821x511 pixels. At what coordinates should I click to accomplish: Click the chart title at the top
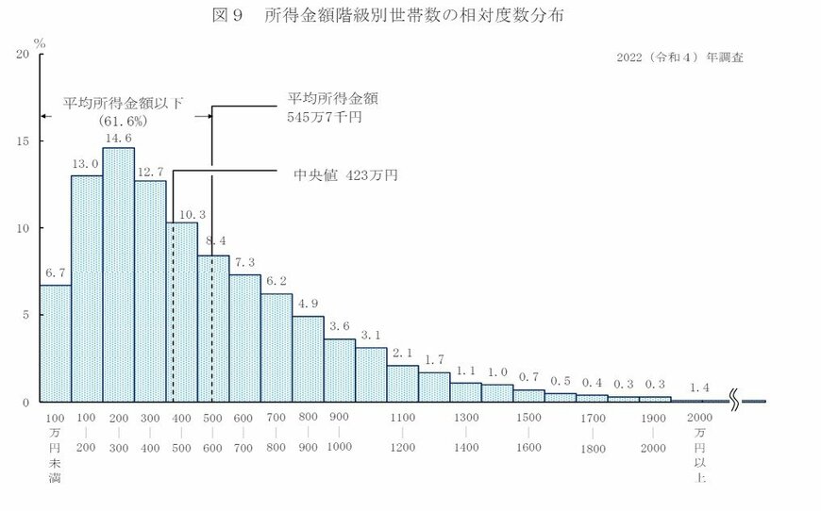pyautogui.click(x=410, y=17)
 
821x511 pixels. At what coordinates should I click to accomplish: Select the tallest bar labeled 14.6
pyautogui.click(x=118, y=273)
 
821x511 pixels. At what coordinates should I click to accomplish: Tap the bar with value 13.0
pyautogui.click(x=87, y=288)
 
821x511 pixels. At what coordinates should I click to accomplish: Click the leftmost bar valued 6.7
pyautogui.click(x=55, y=343)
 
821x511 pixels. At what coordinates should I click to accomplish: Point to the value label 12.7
pyautogui.click(x=150, y=172)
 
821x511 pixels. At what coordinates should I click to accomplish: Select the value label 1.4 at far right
pyautogui.click(x=699, y=387)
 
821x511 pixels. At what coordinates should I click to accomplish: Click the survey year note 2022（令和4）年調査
pyautogui.click(x=679, y=58)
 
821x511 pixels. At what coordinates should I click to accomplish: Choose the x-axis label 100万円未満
pyautogui.click(x=55, y=449)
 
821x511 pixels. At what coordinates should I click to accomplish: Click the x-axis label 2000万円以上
pyautogui.click(x=699, y=449)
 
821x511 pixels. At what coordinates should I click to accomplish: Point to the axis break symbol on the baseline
pyautogui.click(x=735, y=401)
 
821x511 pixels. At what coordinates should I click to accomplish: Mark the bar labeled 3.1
pyautogui.click(x=371, y=374)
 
